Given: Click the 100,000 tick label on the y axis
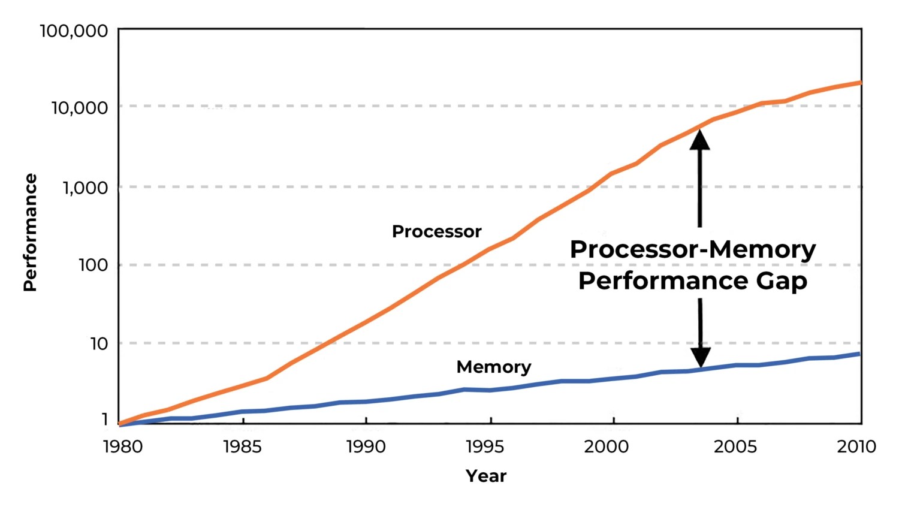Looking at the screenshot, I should point(74,31).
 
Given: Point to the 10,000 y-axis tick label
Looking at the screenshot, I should point(79,108).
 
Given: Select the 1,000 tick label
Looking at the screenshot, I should point(85,188).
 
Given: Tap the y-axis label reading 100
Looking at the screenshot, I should point(93,265).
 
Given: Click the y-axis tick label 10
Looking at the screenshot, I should point(99,343).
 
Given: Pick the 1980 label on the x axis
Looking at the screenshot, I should point(123,446).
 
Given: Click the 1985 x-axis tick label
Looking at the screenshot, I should point(243,446).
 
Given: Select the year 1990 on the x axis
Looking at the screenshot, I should point(366,446).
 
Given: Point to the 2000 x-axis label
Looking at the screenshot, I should point(607,446).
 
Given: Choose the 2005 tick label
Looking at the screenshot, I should point(735,446).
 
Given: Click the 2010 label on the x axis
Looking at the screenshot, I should point(856,446).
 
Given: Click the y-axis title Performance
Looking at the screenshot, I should point(30,233).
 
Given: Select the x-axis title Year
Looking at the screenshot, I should point(486,476).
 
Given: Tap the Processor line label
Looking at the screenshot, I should point(436,231).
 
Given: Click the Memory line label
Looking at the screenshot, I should point(494,367).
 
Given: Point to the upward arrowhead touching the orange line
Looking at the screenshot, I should point(699,139).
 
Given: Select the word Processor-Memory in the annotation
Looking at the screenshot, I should point(693,249).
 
